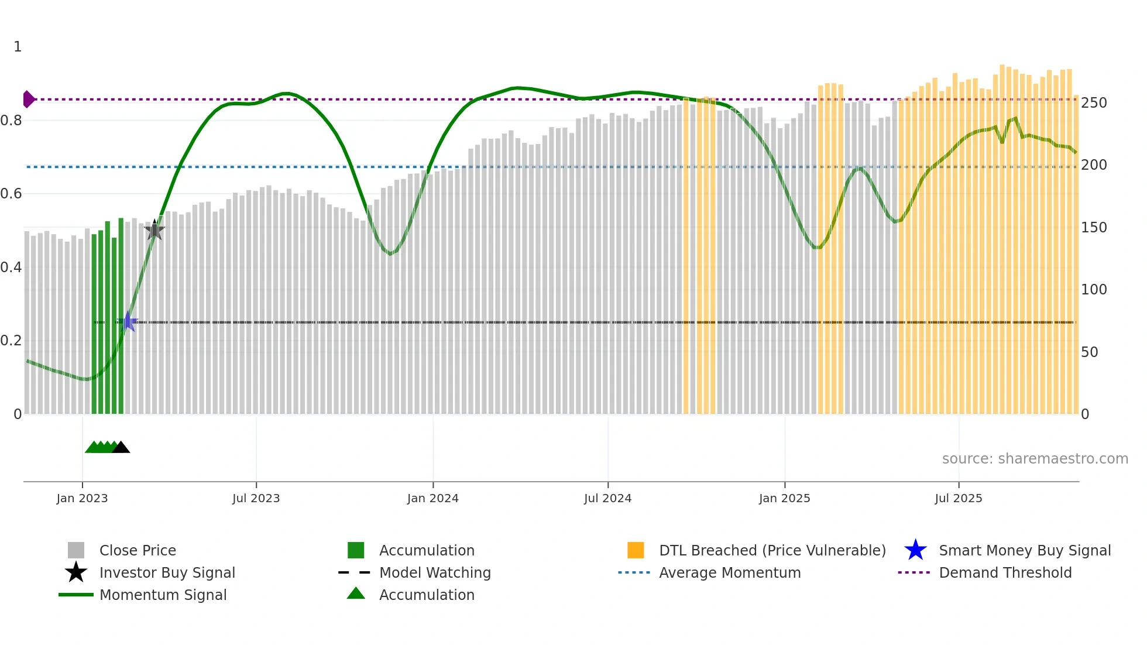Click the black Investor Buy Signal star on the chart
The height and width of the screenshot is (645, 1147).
(x=154, y=230)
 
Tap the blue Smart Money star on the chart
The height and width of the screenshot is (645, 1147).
(x=128, y=322)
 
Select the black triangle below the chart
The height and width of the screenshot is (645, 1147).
(x=121, y=448)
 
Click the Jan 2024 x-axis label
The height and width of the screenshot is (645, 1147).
(x=432, y=498)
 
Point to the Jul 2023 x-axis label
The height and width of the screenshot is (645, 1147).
(x=256, y=498)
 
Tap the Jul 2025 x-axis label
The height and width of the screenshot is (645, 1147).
(x=958, y=498)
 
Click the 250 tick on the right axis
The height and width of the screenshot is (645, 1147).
(x=1093, y=103)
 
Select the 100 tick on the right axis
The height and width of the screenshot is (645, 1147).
(x=1093, y=290)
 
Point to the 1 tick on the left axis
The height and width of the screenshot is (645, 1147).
(x=18, y=47)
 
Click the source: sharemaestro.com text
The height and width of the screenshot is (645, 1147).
(x=1035, y=459)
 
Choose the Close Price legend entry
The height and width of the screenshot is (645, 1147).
(x=138, y=550)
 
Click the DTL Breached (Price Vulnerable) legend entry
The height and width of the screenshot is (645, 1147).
(x=772, y=550)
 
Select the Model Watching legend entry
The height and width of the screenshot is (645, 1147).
(x=435, y=572)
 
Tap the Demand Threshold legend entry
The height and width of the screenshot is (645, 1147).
(x=1005, y=572)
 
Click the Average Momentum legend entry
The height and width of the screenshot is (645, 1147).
(x=729, y=572)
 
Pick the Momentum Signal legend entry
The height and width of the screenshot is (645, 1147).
(x=163, y=595)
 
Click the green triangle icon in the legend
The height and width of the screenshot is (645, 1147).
(x=356, y=593)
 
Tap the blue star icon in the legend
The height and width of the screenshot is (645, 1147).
(x=915, y=550)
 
